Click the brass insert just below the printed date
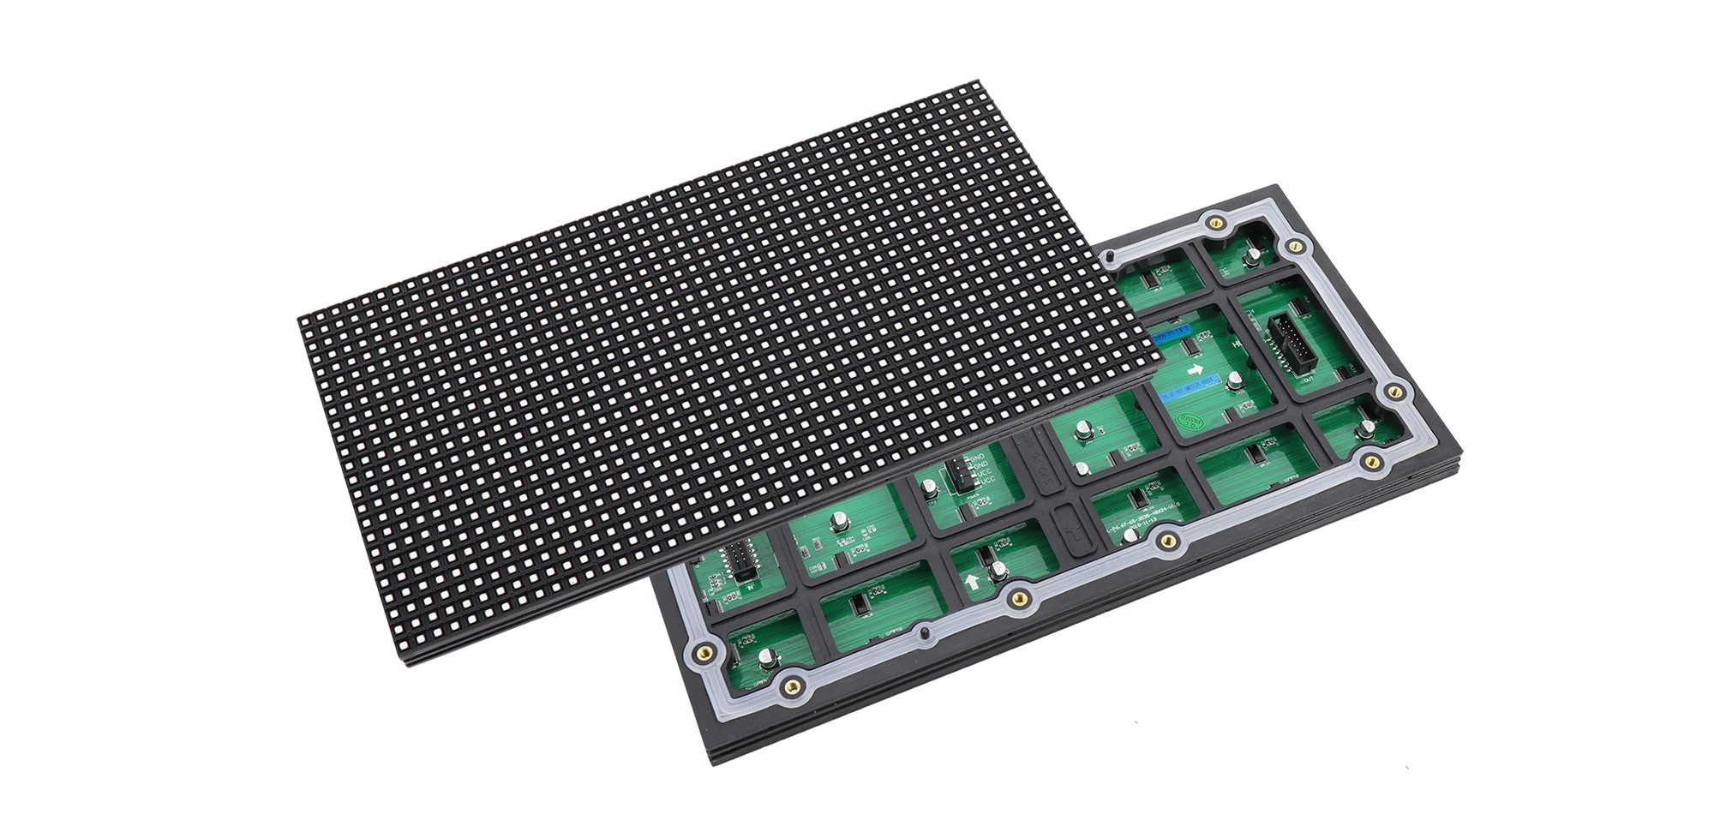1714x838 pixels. pos(1163,539)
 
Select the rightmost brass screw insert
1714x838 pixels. pos(1393,391)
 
